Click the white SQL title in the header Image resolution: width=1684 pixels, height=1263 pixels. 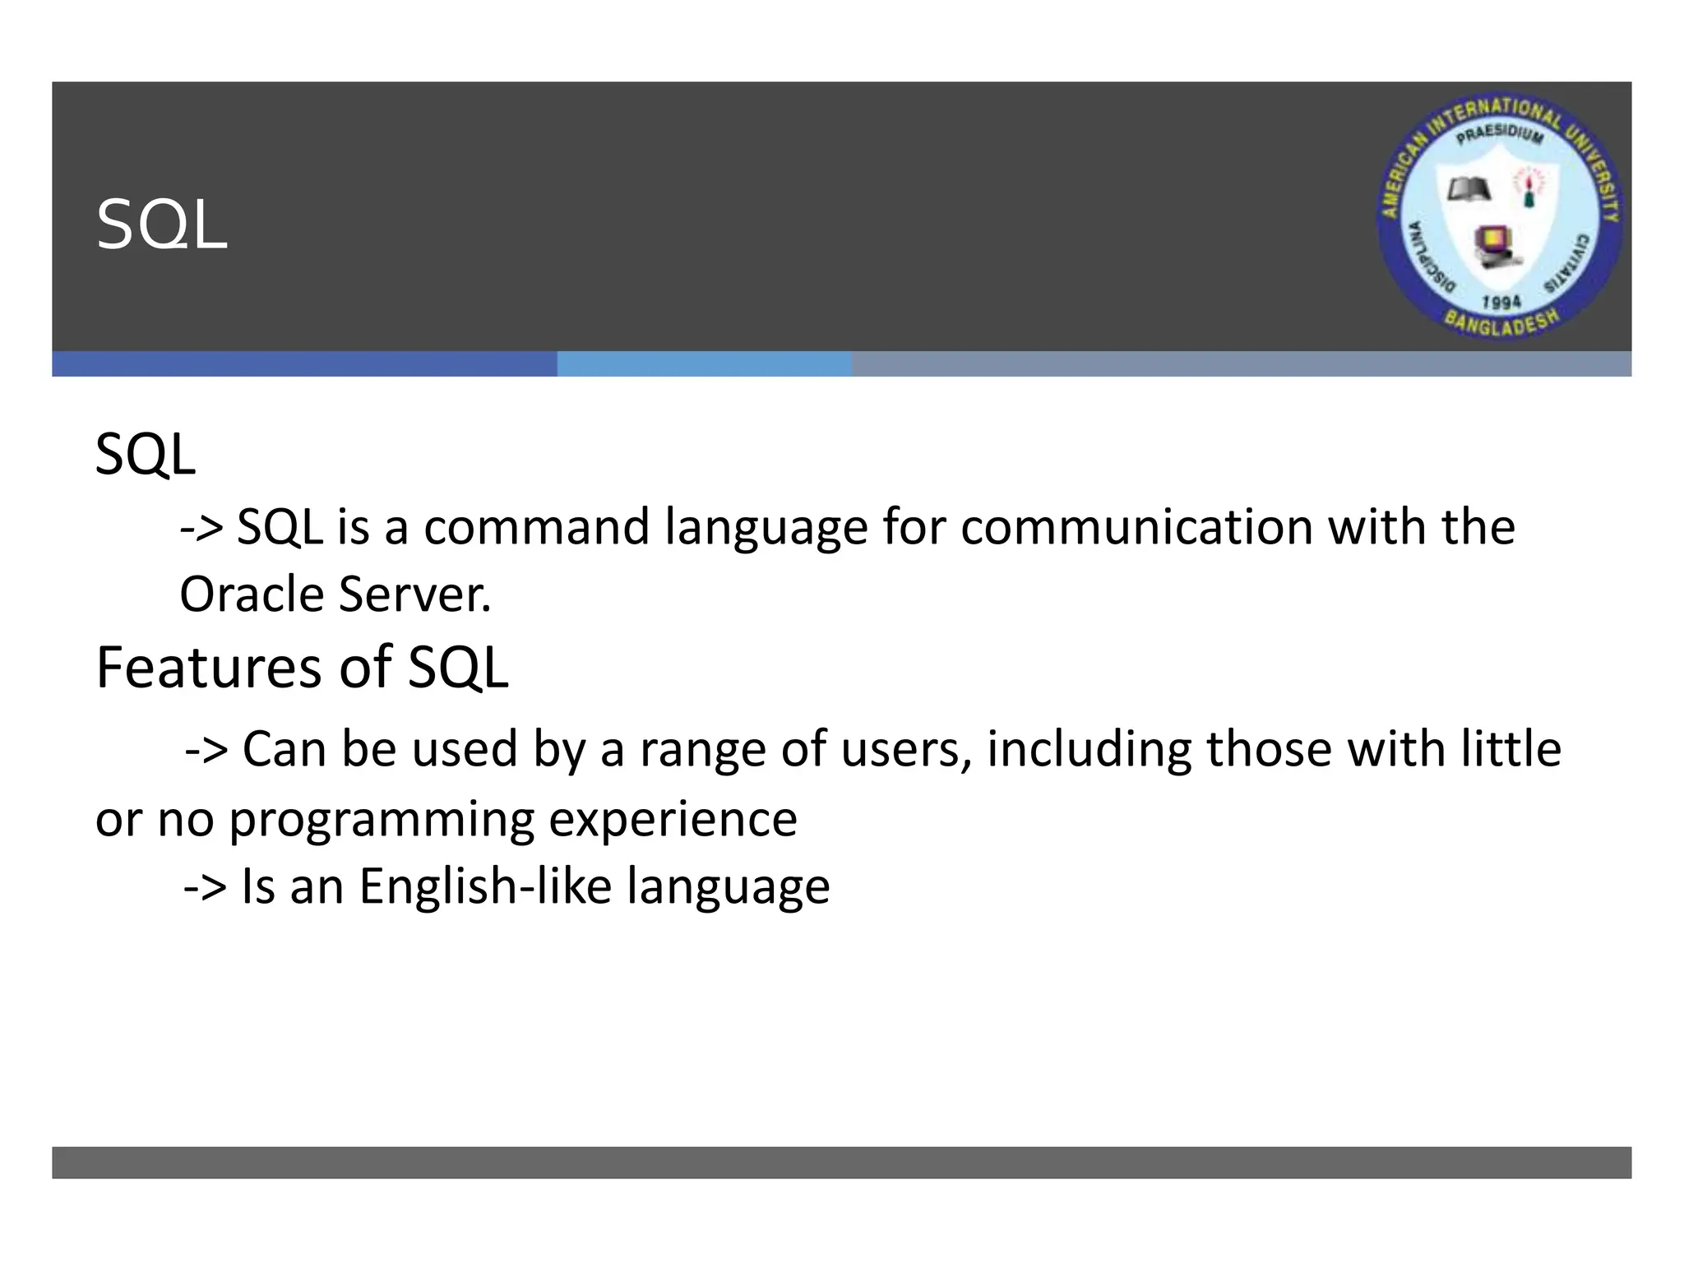(161, 225)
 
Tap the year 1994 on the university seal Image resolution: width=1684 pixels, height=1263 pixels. (1501, 302)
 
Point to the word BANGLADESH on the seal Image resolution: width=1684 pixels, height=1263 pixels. (1501, 323)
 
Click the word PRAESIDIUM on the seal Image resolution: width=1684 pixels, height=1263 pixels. (1500, 134)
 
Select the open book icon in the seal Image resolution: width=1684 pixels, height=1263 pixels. (1469, 190)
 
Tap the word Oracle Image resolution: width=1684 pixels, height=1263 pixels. (252, 594)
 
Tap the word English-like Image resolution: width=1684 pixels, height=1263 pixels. (485, 886)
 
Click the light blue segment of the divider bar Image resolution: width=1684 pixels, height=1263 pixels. (704, 364)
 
